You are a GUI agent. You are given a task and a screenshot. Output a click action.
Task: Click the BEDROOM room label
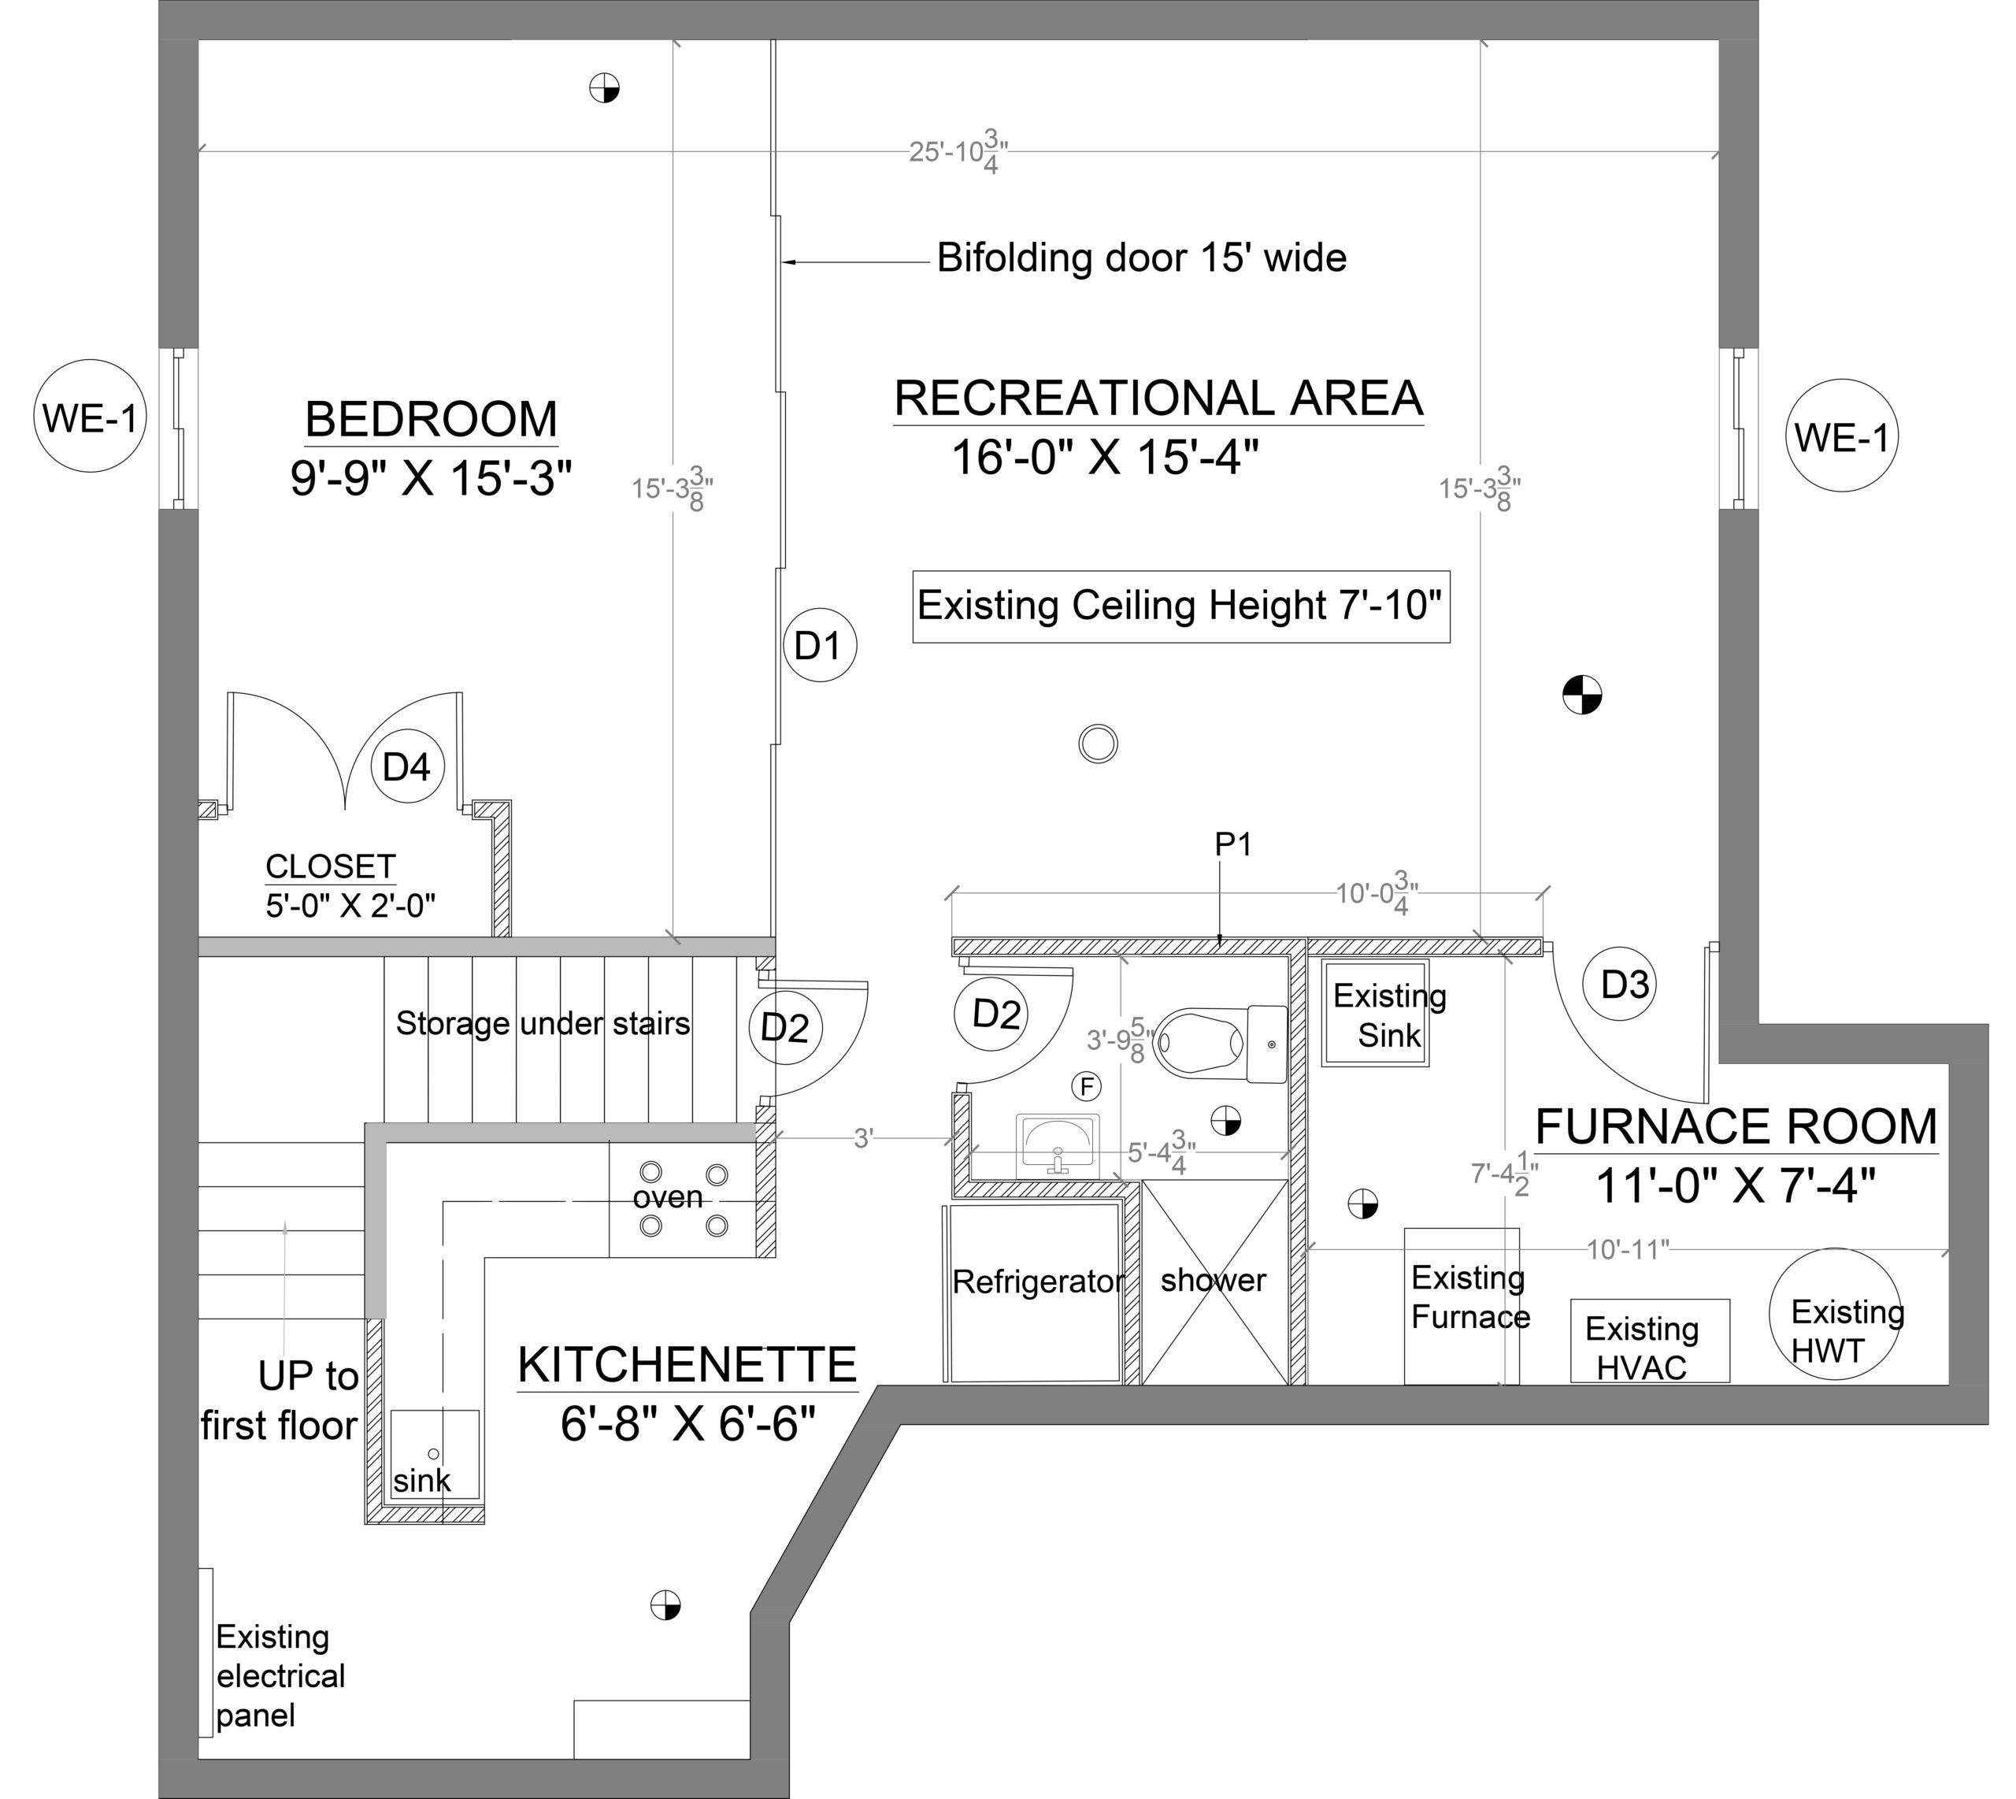click(x=431, y=419)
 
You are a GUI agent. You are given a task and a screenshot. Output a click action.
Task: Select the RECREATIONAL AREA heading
click(x=1158, y=399)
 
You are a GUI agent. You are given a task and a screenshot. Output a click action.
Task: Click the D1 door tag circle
click(x=819, y=644)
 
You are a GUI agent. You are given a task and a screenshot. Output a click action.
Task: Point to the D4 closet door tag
click(x=407, y=766)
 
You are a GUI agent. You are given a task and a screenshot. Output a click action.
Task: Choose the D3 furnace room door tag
click(x=1625, y=984)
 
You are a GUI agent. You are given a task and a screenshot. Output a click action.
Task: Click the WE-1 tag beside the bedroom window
click(x=90, y=417)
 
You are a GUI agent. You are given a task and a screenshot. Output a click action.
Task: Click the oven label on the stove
click(x=668, y=1197)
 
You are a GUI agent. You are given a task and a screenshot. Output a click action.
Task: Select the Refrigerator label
click(x=1038, y=1282)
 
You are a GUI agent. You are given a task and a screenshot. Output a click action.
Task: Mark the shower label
click(x=1213, y=1280)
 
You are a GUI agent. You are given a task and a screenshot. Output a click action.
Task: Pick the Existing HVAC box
click(x=1651, y=1341)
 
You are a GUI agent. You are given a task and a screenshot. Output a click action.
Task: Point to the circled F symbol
click(x=1087, y=1087)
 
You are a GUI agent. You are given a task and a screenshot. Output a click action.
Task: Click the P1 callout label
click(x=1233, y=844)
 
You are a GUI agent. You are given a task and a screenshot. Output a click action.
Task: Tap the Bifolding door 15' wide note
click(x=1141, y=258)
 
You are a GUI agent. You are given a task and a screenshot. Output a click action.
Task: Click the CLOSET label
click(x=331, y=867)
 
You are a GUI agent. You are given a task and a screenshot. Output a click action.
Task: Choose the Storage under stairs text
click(x=543, y=1023)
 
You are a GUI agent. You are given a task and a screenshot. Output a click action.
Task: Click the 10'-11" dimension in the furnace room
click(x=1628, y=1249)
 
